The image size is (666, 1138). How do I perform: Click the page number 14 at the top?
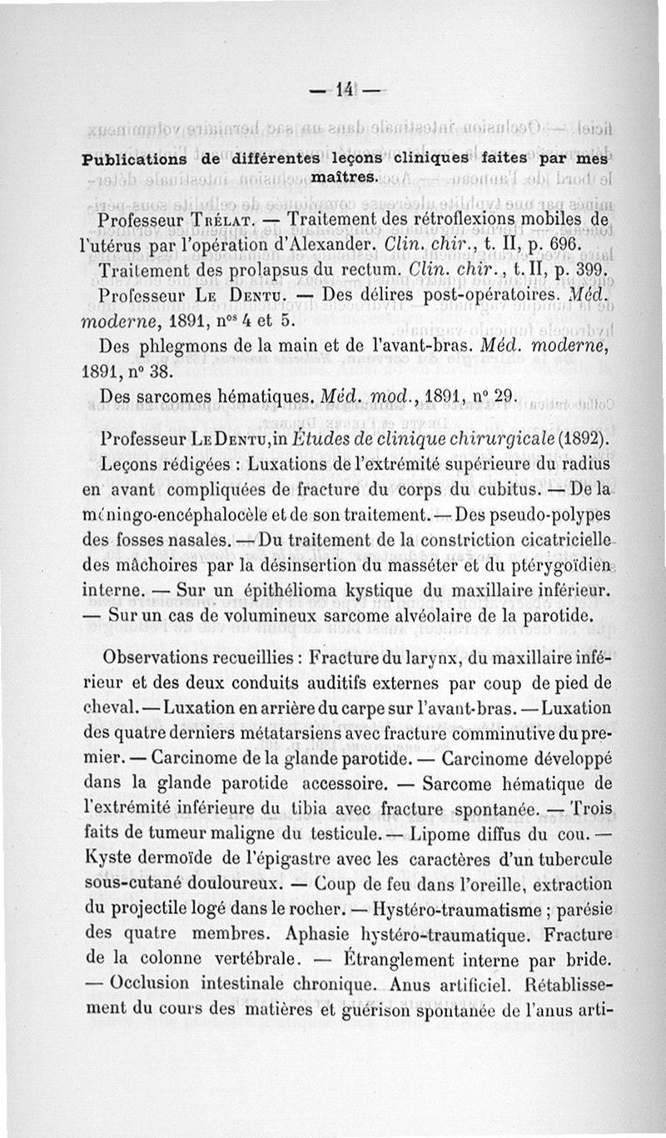[x=344, y=89]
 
